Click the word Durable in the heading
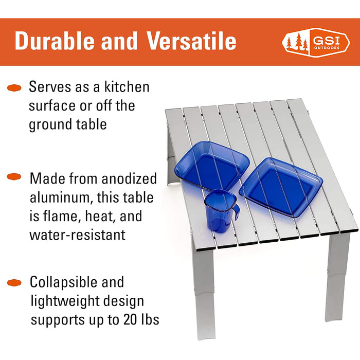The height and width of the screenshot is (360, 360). click(x=55, y=41)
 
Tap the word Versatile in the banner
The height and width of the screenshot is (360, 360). click(x=191, y=41)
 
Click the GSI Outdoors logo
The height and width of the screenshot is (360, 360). click(x=316, y=43)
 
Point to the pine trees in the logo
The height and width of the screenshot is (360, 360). click(x=297, y=42)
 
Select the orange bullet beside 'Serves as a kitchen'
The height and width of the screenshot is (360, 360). click(x=14, y=88)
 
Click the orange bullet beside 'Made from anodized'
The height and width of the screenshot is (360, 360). click(x=14, y=176)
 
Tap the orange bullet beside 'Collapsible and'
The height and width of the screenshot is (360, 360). click(x=14, y=283)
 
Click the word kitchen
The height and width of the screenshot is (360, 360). click(x=127, y=87)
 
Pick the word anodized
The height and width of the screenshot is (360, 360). click(x=129, y=178)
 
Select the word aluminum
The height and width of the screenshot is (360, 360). click(x=61, y=197)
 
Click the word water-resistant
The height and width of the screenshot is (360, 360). click(x=78, y=235)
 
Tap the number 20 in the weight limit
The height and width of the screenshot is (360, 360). click(x=131, y=319)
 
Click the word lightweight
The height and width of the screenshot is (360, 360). click(x=65, y=302)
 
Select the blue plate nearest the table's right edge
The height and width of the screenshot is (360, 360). click(x=281, y=187)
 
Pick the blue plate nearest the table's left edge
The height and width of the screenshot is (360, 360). click(x=212, y=166)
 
